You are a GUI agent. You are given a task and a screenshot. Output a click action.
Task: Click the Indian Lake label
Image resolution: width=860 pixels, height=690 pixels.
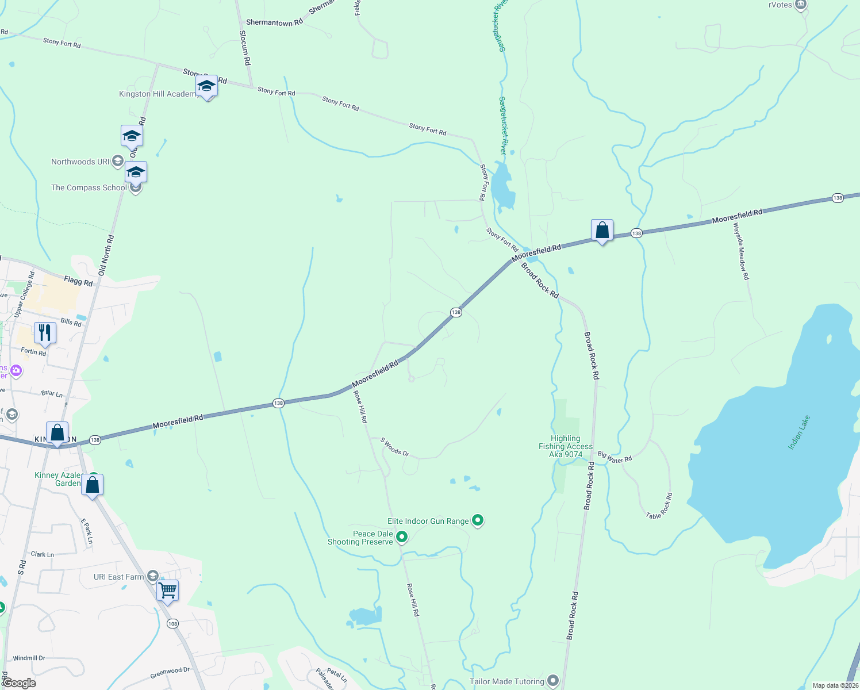pyautogui.click(x=799, y=432)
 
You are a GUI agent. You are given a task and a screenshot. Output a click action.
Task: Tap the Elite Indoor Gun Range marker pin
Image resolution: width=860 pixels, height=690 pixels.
pyautogui.click(x=478, y=520)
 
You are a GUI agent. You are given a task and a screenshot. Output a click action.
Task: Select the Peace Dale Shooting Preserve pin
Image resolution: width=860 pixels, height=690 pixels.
pyautogui.click(x=402, y=537)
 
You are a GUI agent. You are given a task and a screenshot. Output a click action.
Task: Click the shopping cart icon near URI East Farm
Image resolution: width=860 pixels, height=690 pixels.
pyautogui.click(x=167, y=590)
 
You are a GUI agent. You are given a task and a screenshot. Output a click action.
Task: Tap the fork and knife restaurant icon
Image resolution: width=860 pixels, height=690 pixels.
pyautogui.click(x=45, y=333)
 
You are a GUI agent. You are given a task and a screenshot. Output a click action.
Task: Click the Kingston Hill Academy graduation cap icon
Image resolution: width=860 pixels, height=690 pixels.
pyautogui.click(x=206, y=86)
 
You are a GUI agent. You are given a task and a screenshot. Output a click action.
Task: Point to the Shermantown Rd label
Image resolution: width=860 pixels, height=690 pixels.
pyautogui.click(x=274, y=22)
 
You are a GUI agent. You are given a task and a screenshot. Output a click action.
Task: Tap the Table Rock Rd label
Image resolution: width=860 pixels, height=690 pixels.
pyautogui.click(x=659, y=507)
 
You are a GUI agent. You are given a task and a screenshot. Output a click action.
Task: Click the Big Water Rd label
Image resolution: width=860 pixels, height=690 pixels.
pyautogui.click(x=615, y=457)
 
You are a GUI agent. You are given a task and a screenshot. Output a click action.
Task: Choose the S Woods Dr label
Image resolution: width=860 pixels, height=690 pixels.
pyautogui.click(x=394, y=447)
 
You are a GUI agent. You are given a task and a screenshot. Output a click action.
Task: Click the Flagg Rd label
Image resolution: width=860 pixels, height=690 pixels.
pyautogui.click(x=78, y=281)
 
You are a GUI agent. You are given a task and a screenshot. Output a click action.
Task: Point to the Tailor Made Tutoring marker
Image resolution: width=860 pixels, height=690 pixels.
pyautogui.click(x=553, y=681)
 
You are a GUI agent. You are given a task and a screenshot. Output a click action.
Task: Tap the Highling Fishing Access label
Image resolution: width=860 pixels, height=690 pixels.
pyautogui.click(x=566, y=446)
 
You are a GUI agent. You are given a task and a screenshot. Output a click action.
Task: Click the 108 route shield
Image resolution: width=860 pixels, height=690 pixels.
pyautogui.click(x=172, y=623)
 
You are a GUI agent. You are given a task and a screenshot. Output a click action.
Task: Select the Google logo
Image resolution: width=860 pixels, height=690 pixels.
pyautogui.click(x=19, y=683)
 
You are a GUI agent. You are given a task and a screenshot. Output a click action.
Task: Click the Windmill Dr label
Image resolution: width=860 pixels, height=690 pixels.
pyautogui.click(x=29, y=658)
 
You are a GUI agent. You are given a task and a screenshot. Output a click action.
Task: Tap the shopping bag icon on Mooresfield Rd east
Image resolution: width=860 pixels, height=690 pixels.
pyautogui.click(x=602, y=230)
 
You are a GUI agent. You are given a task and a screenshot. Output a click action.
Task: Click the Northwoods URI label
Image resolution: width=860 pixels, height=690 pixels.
pyautogui.click(x=80, y=162)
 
